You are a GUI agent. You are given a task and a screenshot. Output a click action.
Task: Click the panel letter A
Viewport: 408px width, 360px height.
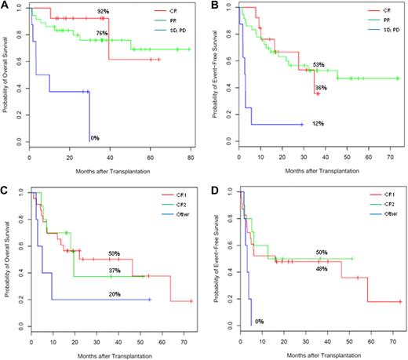point(5,5)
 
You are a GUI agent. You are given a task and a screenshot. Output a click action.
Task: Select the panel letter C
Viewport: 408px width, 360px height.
point(5,187)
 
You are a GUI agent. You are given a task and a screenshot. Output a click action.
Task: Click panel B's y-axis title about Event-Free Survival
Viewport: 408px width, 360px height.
point(217,76)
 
